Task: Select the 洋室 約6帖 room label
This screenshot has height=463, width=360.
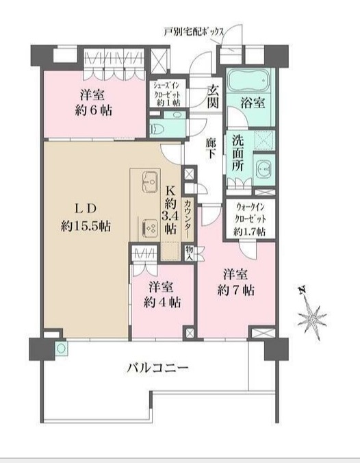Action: coord(86,103)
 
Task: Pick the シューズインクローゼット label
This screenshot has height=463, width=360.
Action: coord(166,92)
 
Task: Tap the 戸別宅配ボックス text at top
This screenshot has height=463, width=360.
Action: coord(194,31)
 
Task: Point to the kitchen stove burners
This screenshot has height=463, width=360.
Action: coord(149,227)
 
